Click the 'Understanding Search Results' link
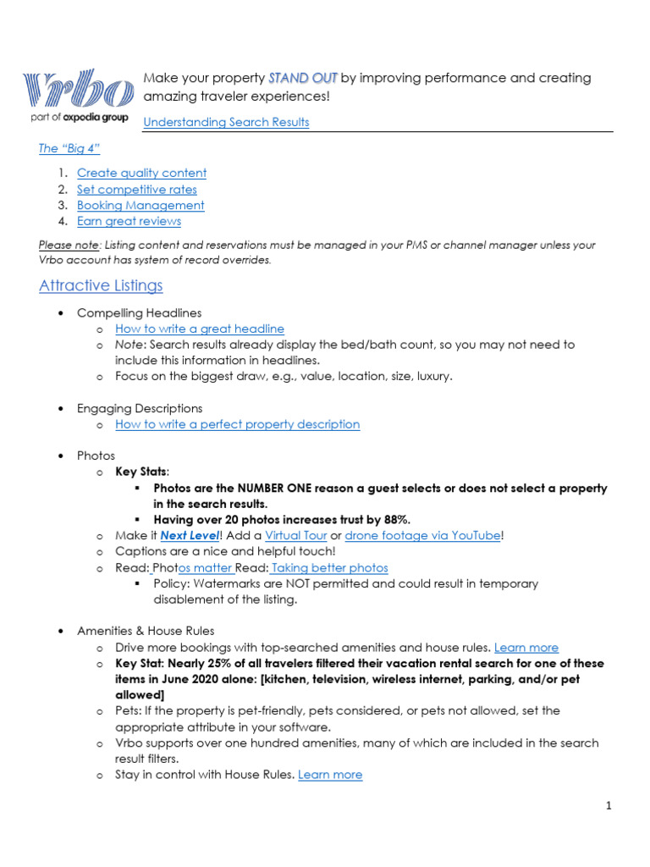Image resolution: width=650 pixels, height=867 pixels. click(x=226, y=122)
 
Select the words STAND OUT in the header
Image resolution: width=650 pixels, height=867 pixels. click(x=303, y=78)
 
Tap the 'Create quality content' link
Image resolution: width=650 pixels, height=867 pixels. click(x=141, y=173)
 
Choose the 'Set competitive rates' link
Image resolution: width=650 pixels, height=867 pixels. click(x=136, y=190)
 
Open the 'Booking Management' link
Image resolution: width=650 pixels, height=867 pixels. click(x=140, y=205)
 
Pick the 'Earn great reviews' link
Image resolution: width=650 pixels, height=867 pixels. click(x=129, y=221)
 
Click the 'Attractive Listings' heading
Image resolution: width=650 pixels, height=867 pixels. click(x=101, y=285)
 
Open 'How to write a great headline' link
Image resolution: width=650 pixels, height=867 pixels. click(x=200, y=329)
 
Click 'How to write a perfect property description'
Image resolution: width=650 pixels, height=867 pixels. click(x=237, y=424)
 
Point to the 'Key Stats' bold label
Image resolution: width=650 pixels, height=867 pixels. click(x=140, y=472)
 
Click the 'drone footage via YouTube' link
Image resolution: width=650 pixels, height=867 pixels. click(x=422, y=536)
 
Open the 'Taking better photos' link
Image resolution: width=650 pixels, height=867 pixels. click(x=329, y=568)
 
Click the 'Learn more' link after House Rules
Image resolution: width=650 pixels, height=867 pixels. click(x=330, y=775)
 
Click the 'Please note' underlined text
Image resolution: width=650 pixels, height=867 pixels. click(x=69, y=245)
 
